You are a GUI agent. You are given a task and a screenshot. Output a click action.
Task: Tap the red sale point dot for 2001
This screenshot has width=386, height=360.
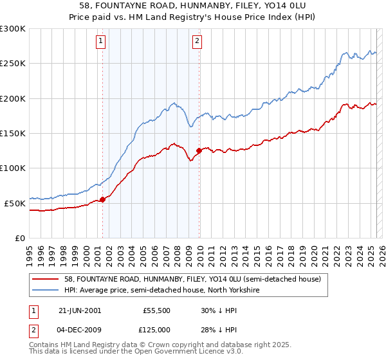(102, 199)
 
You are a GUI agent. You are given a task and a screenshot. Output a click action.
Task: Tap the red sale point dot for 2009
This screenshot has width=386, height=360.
(199, 151)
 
